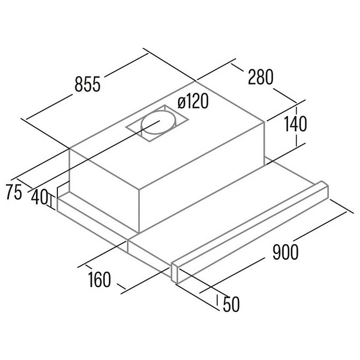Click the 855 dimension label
pyautogui.click(x=87, y=84)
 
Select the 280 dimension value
pyautogui.click(x=261, y=77)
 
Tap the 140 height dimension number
pyautogui.click(x=295, y=124)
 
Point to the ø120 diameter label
pyautogui.click(x=193, y=101)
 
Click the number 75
pyautogui.click(x=14, y=192)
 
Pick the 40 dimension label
pyautogui.click(x=39, y=197)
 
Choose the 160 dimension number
pyautogui.click(x=99, y=279)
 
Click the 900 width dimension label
pyautogui.click(x=285, y=252)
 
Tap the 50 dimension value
pyautogui.click(x=231, y=304)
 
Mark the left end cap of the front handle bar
pyautogui.click(x=175, y=273)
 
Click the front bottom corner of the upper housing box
pyautogui.click(x=139, y=233)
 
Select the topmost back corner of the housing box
pyautogui.click(x=195, y=81)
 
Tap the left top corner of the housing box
pyautogui.click(x=69, y=149)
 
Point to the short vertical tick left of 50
pyautogui.click(x=218, y=300)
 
